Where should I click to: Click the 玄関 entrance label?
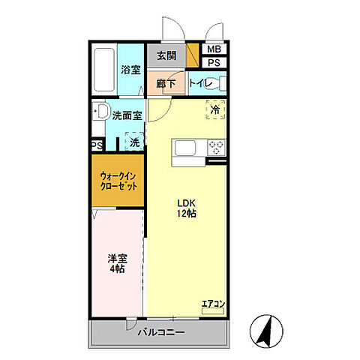[x=166, y=56]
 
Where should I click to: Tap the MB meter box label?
[x=214, y=50]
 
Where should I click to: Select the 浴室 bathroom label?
[x=130, y=70]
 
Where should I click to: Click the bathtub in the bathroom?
[x=104, y=70]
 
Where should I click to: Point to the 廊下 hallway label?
[x=166, y=83]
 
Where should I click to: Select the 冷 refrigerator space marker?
[x=215, y=109]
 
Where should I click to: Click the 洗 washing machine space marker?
[x=134, y=141]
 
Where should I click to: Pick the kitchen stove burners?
[x=217, y=147]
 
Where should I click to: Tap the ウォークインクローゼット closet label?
[x=118, y=181]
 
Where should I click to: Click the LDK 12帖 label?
[x=187, y=208]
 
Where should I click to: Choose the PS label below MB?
[x=214, y=63]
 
